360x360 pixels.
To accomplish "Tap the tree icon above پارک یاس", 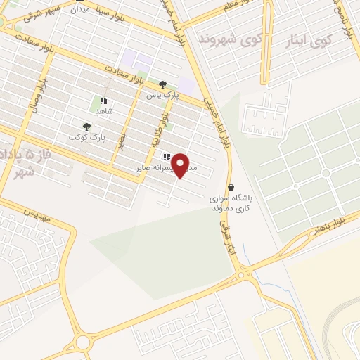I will [x=162, y=83].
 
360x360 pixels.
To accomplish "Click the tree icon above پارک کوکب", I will [x=86, y=127].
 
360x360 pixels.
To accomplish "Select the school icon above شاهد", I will [x=104, y=101].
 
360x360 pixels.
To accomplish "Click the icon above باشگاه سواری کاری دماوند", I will [x=232, y=187].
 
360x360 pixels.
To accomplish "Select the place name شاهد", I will [x=104, y=111].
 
